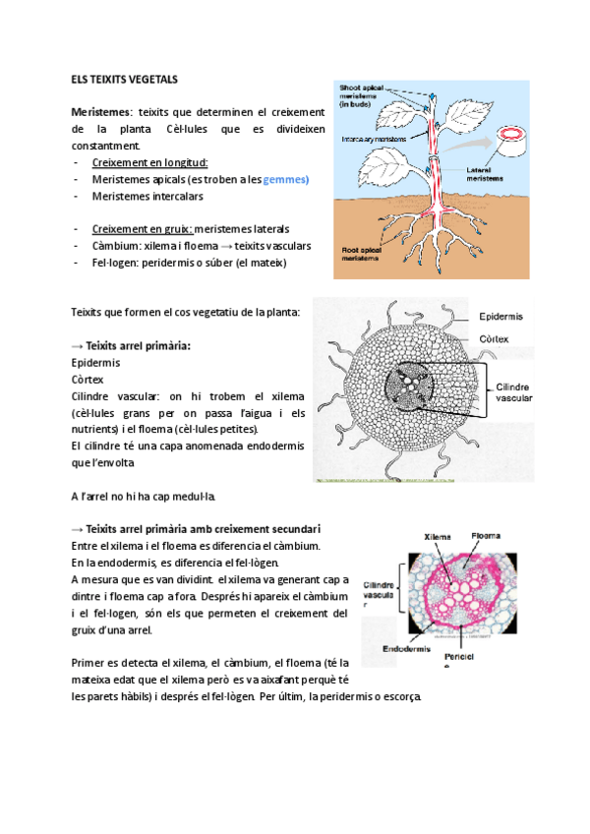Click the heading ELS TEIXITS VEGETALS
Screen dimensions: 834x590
click(125, 79)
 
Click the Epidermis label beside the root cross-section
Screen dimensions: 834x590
click(501, 317)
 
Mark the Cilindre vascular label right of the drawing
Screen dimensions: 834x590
click(514, 392)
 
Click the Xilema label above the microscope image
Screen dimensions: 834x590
click(438, 537)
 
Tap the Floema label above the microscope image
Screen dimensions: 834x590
click(485, 536)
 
